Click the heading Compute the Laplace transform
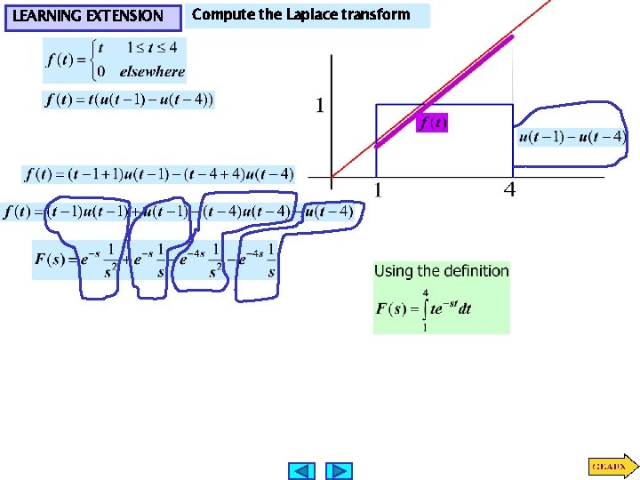[x=301, y=14]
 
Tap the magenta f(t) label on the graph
[x=433, y=124]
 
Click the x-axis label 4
[x=509, y=189]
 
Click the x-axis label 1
[x=377, y=189]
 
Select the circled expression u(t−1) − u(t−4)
[x=572, y=137]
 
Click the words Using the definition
[x=442, y=271]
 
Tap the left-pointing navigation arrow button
[x=303, y=470]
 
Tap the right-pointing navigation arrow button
[x=339, y=470]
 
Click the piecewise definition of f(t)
[x=114, y=60]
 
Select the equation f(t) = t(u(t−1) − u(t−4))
[x=129, y=100]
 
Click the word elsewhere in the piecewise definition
[x=154, y=72]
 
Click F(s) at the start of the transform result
[x=49, y=260]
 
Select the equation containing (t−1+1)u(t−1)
[x=159, y=173]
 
